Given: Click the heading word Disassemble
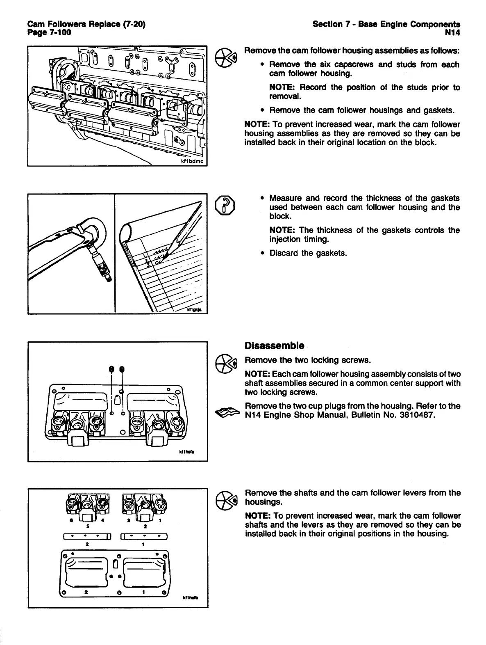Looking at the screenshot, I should tap(274, 345).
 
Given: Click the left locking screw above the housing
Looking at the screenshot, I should tap(111, 370).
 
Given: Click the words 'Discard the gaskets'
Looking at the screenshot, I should tap(308, 253).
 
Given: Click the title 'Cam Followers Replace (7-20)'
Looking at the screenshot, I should tap(86, 24).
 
